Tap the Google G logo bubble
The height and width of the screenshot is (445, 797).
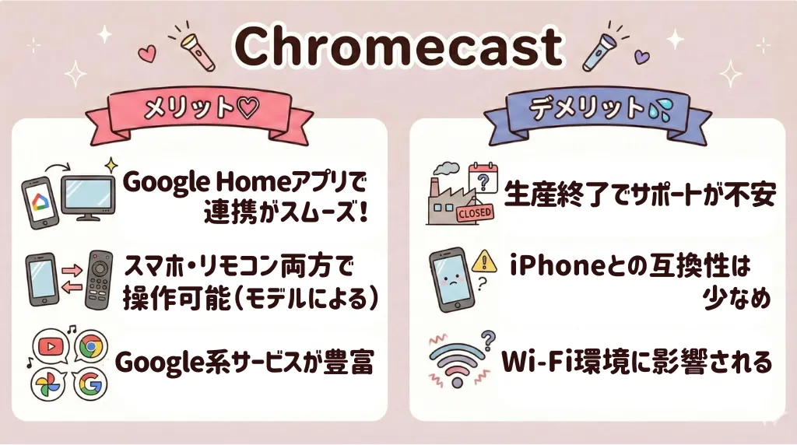(x=90, y=384)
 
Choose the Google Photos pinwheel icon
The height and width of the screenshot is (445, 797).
(x=49, y=383)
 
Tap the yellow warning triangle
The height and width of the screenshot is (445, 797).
(x=486, y=260)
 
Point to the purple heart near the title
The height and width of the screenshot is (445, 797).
(x=640, y=58)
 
